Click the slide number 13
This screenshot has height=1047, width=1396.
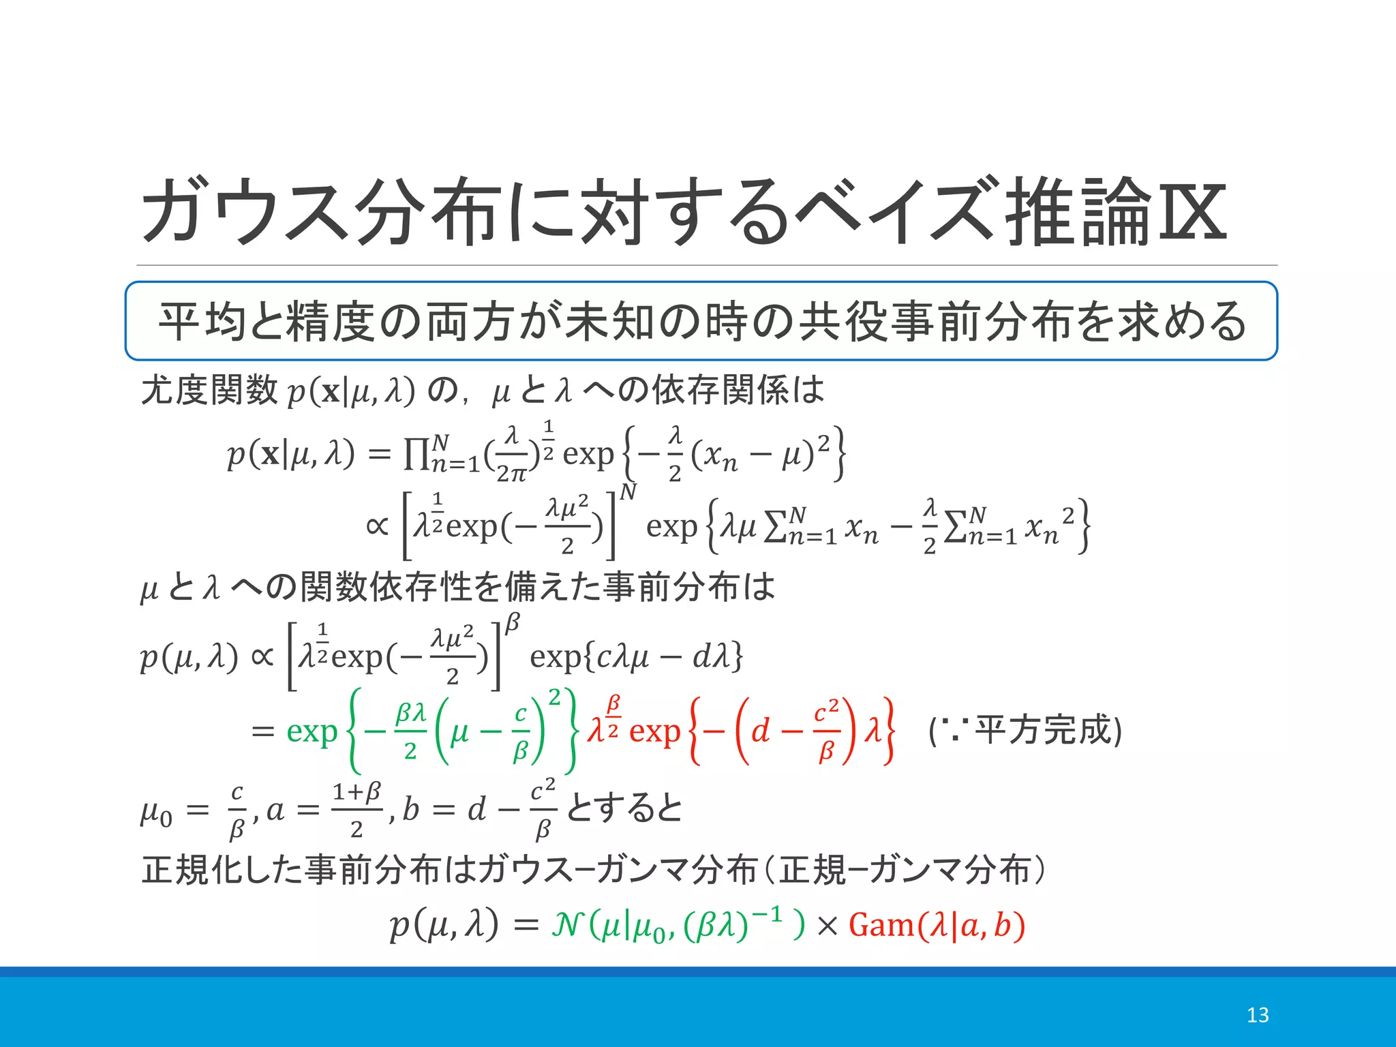pos(1257,1015)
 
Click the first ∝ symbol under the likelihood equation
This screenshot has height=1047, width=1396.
pos(377,526)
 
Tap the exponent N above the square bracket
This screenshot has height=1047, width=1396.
pos(628,491)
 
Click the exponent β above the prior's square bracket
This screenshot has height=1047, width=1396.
pos(513,622)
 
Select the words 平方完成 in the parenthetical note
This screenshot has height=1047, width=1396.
pos(1043,730)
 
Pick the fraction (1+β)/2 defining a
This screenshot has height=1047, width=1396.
pos(356,810)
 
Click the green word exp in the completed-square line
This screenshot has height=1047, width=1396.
pos(312,731)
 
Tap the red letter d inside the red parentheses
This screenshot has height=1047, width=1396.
pos(760,731)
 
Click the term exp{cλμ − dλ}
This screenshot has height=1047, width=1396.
pos(636,657)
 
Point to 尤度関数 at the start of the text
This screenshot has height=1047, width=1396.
pos(209,391)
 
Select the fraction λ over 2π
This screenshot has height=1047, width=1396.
pos(512,453)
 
